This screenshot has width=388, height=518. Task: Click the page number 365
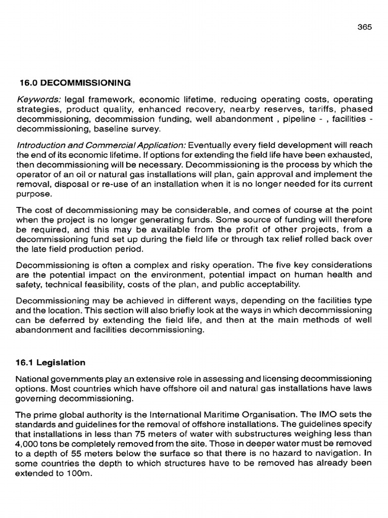coord(364,27)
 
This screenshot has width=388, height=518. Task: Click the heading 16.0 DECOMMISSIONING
coord(74,82)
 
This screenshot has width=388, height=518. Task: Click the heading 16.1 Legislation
coord(51,363)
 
